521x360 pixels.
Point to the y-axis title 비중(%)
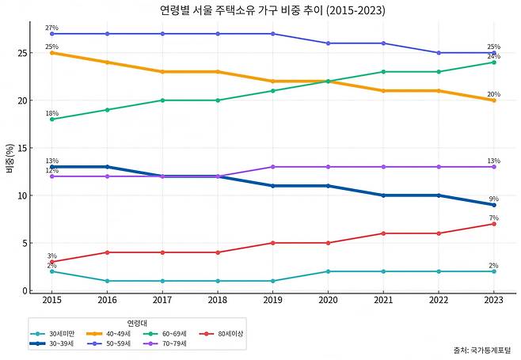coord(10,158)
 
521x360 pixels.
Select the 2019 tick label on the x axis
coord(272,301)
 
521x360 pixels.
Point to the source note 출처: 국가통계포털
coord(483,349)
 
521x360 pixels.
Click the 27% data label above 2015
coord(51,28)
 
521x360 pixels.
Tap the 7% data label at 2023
coord(493,218)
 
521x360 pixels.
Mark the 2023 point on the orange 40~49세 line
coord(493,100)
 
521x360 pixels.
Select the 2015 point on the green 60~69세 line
coord(51,119)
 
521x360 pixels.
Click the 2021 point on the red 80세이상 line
coord(383,233)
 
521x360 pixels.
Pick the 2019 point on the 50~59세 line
coord(272,34)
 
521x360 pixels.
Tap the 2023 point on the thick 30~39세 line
coord(493,205)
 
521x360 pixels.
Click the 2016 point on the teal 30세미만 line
coord(107,281)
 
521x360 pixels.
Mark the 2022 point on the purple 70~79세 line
coord(439,167)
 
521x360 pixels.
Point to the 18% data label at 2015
coord(51,113)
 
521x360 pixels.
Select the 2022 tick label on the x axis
coord(439,301)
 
